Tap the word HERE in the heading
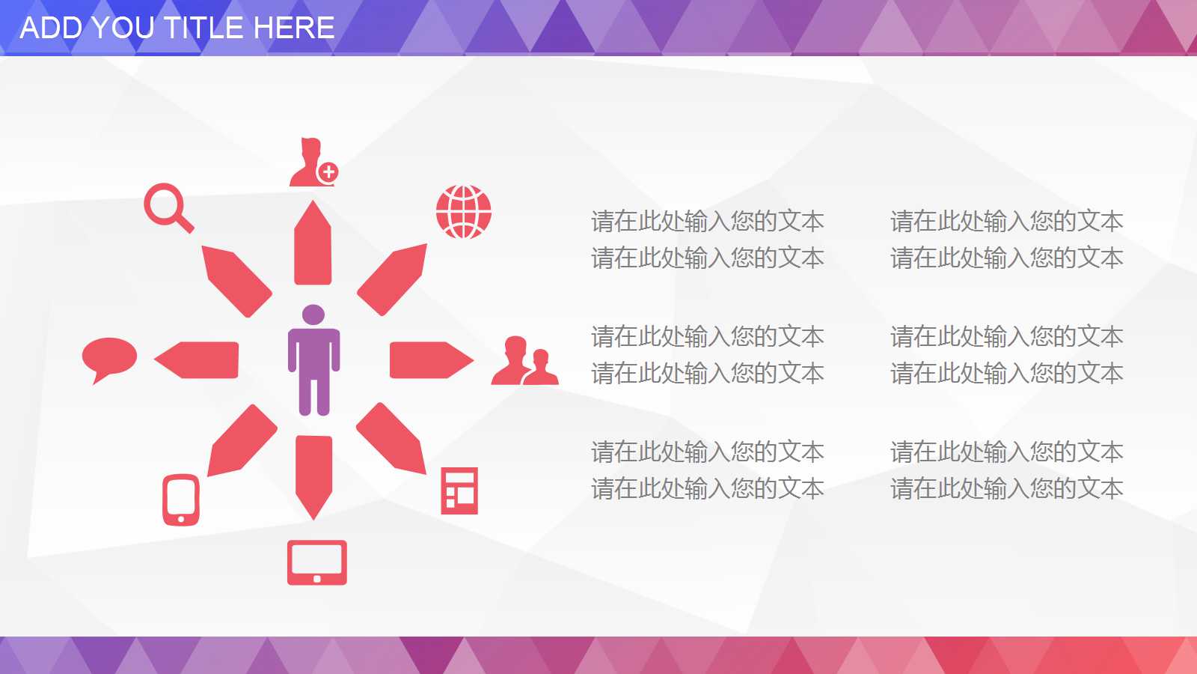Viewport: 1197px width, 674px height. tap(294, 28)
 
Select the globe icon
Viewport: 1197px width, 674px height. tap(463, 212)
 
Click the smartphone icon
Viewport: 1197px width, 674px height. tap(181, 500)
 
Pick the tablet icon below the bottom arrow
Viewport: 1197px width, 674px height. tap(317, 562)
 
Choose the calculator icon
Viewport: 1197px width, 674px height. tap(459, 491)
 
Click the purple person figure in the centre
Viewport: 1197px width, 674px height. tap(313, 360)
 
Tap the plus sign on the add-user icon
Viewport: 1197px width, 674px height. tap(328, 172)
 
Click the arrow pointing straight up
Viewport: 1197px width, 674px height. tap(313, 243)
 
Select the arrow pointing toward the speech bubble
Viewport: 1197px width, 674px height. tap(196, 360)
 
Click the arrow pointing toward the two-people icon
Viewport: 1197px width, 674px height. tap(432, 360)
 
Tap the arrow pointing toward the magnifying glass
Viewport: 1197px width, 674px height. tap(236, 281)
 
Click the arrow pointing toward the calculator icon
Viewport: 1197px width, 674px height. tap(391, 438)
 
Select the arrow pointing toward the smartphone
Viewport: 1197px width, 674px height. tap(242, 440)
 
